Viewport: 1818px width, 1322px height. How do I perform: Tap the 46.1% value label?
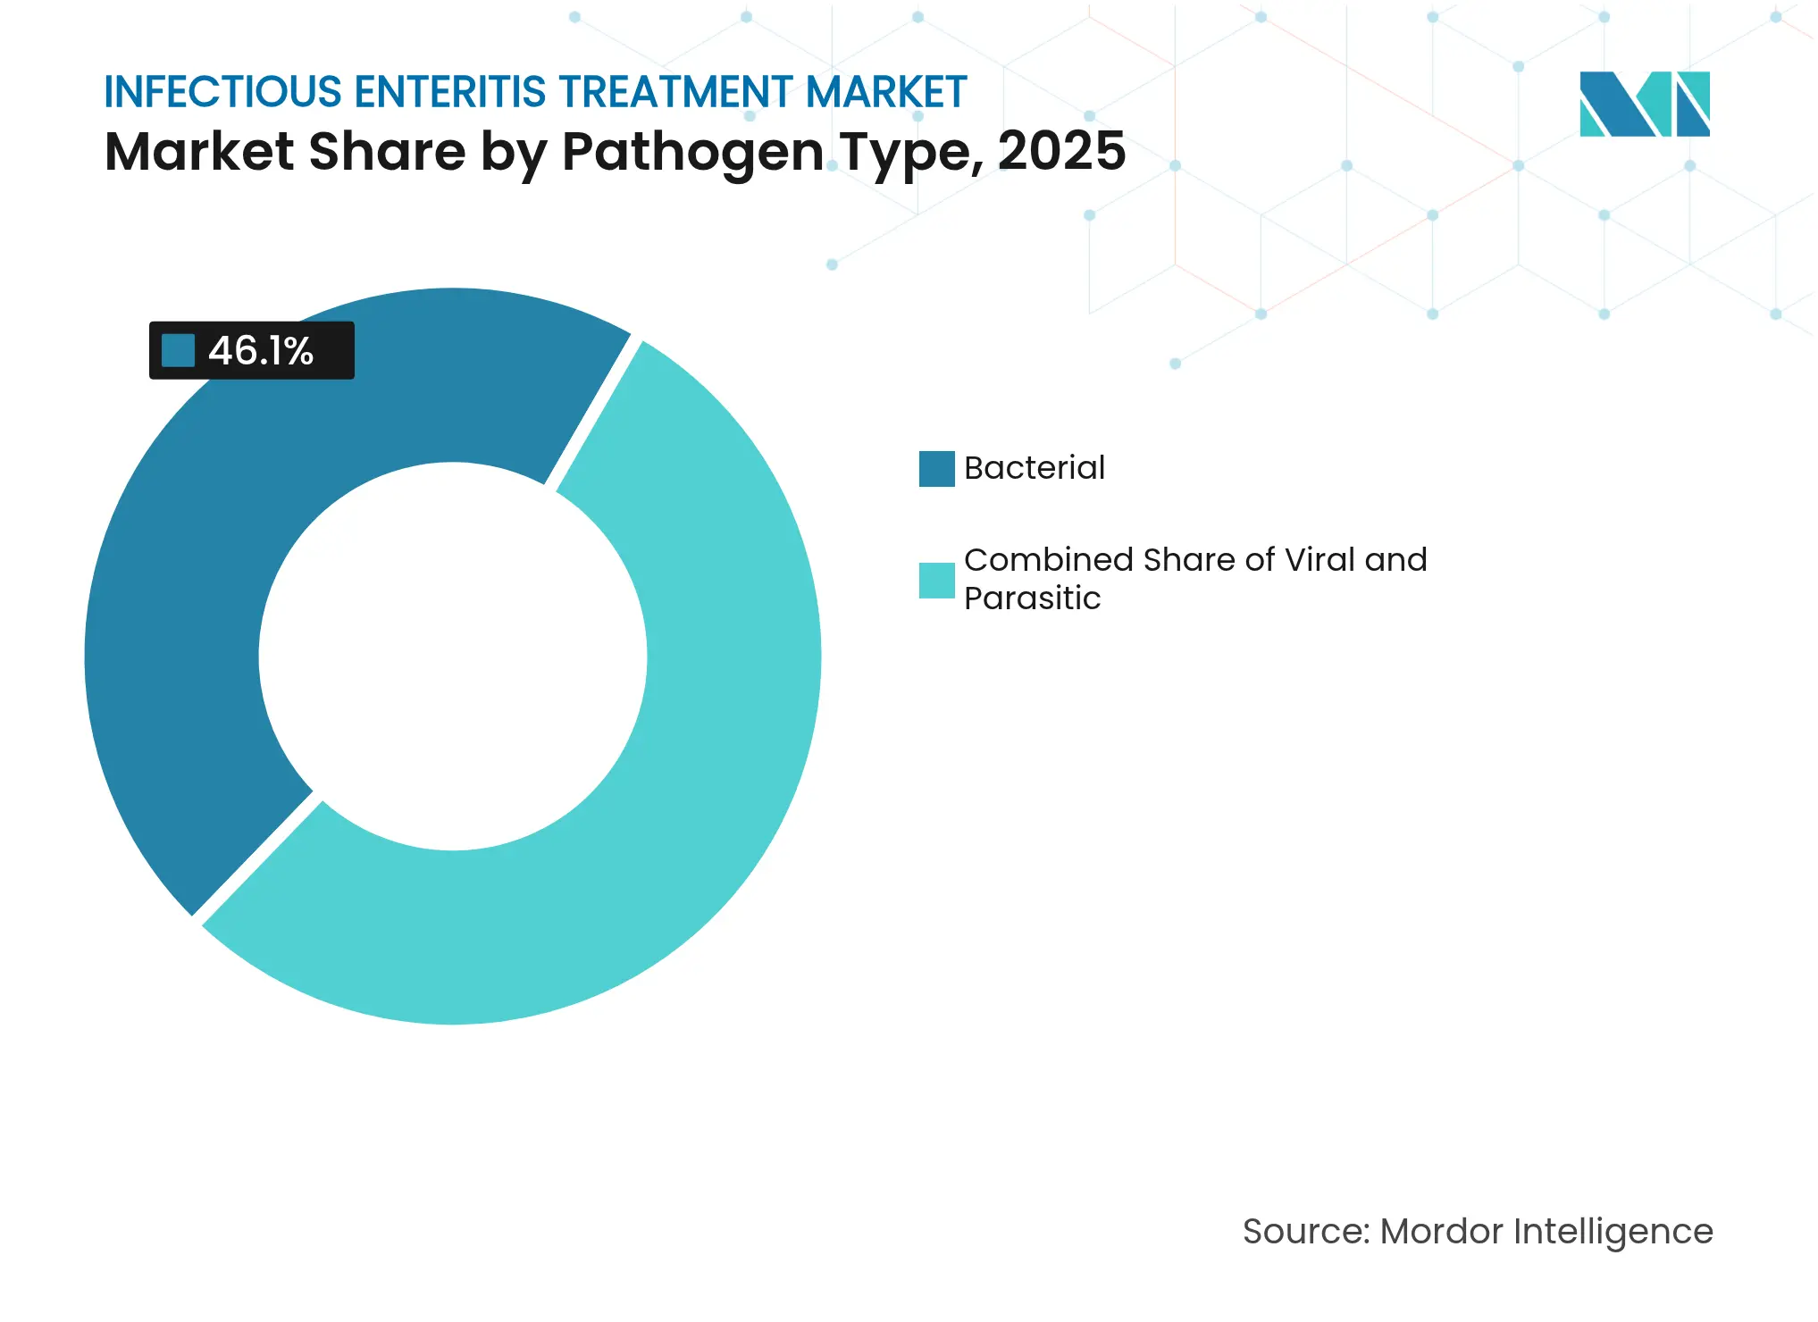261,351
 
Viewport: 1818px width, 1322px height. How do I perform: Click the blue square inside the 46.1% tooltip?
178,350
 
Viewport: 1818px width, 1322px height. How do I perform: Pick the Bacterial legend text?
1034,468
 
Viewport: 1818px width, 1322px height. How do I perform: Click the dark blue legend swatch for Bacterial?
936,469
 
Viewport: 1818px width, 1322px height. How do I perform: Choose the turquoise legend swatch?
936,581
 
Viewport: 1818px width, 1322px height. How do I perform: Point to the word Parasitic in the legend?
1032,598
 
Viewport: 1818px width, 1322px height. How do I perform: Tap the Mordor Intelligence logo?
1644,104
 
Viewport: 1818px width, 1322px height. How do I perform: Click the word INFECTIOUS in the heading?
222,92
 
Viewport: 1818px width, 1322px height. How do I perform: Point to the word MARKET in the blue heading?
885,92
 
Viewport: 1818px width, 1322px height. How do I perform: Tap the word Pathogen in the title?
692,152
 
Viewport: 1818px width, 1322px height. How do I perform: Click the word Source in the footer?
1304,1232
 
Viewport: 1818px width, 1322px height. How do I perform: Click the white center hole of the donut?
453,657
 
